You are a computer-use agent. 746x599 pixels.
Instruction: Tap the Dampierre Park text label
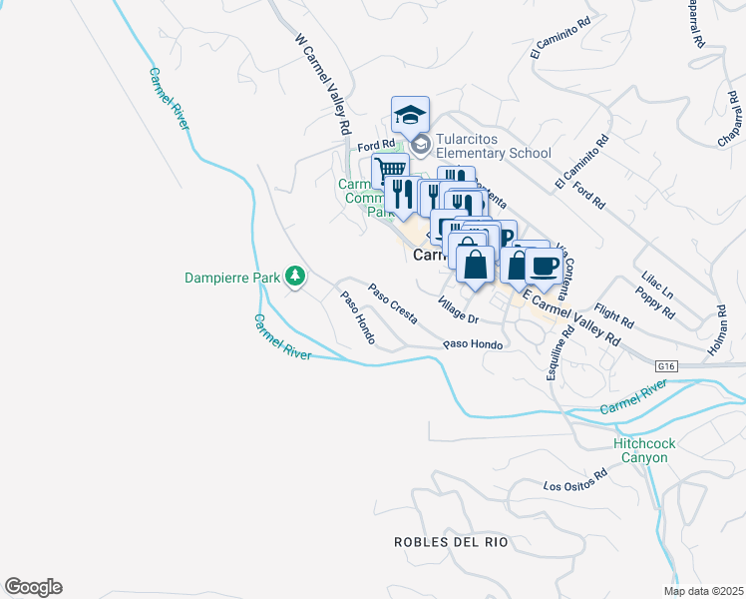(x=232, y=277)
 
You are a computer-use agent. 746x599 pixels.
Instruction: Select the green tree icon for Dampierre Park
(x=294, y=276)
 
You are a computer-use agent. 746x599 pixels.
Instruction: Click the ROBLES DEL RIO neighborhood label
(x=451, y=542)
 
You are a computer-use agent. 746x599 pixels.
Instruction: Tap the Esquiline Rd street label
(x=556, y=355)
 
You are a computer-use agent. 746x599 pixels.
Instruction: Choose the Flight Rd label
(x=613, y=318)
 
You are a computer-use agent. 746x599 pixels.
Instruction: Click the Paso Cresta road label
(x=392, y=304)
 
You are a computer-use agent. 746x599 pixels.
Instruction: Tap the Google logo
(x=33, y=587)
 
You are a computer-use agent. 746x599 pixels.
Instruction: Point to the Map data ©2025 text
(x=703, y=591)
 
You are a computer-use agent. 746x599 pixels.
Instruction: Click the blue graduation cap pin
(x=410, y=115)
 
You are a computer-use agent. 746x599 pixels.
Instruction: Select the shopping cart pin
(x=391, y=170)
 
